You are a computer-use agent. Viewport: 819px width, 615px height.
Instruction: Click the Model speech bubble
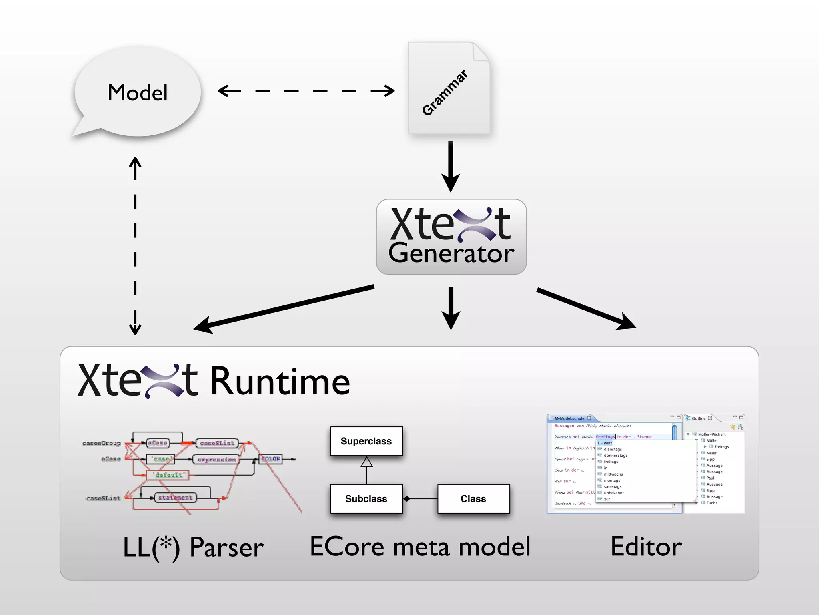click(x=137, y=93)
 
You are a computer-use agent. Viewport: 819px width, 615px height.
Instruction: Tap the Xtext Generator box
click(x=451, y=237)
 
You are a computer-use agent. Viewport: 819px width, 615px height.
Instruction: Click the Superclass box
click(x=366, y=441)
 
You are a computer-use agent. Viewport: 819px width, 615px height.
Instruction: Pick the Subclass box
click(x=366, y=499)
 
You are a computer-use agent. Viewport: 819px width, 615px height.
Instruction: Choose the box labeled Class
click(x=473, y=499)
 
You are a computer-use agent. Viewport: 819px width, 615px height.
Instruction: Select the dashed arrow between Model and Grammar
click(x=306, y=91)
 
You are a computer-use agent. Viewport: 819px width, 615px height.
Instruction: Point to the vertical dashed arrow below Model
click(x=135, y=245)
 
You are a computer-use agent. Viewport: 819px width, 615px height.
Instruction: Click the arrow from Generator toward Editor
click(x=586, y=308)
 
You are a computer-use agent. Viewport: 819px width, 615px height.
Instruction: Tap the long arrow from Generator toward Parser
click(x=284, y=308)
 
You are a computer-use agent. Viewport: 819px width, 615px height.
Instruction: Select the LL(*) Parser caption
click(x=193, y=547)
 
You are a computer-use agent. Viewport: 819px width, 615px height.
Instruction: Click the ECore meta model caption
click(x=420, y=547)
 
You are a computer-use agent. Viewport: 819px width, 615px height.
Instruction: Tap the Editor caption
click(x=646, y=547)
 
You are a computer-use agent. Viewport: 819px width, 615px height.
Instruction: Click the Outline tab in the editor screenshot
click(x=699, y=418)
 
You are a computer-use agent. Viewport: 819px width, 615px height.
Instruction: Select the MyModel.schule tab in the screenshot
click(x=569, y=418)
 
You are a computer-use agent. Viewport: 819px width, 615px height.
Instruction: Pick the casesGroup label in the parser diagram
click(x=102, y=443)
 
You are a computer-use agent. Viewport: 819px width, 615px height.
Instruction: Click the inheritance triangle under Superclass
click(x=366, y=463)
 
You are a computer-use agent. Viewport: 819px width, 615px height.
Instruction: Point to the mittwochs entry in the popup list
click(x=613, y=474)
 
